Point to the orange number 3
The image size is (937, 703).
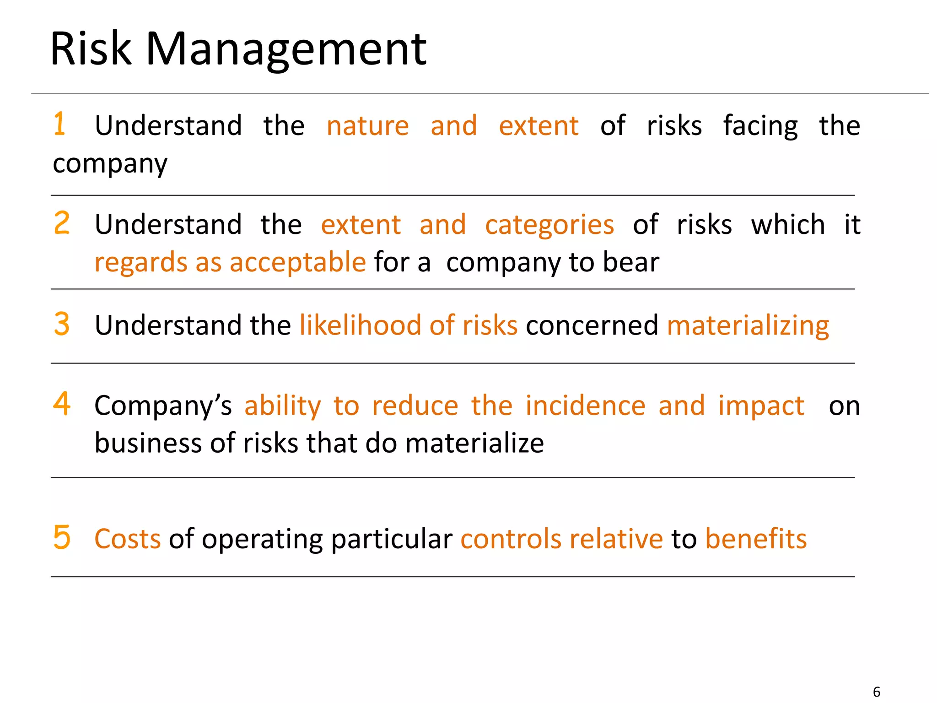pyautogui.click(x=62, y=324)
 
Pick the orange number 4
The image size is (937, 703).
pyautogui.click(x=62, y=404)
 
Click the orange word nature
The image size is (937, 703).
pyautogui.click(x=367, y=126)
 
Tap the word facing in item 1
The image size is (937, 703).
pyautogui.click(x=760, y=126)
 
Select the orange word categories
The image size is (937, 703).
pyautogui.click(x=549, y=225)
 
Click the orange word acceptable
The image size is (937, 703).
pyautogui.click(x=297, y=263)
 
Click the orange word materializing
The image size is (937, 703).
pyautogui.click(x=748, y=326)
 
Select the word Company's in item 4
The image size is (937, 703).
pyautogui.click(x=163, y=406)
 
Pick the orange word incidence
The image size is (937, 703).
pyautogui.click(x=585, y=406)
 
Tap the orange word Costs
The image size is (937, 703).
pyautogui.click(x=127, y=539)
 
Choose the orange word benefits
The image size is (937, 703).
pyautogui.click(x=756, y=539)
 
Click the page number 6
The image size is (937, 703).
pyautogui.click(x=876, y=692)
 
